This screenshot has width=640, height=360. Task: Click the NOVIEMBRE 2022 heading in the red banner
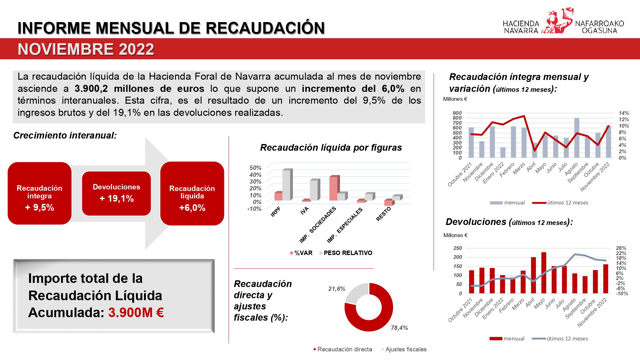coord(86,49)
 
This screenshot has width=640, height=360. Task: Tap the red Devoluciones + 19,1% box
coord(116,193)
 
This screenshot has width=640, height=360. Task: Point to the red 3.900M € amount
coord(136,313)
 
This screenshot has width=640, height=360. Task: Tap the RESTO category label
coord(384,214)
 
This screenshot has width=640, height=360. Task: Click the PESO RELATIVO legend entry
coord(348,253)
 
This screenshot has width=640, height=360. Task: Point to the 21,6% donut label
coord(337,289)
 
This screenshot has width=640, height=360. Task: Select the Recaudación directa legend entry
coord(344,349)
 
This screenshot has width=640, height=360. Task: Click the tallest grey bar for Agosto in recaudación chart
coord(577,138)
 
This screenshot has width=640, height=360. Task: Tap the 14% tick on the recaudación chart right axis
coord(624,113)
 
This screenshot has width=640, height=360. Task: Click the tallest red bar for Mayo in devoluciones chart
coord(544,272)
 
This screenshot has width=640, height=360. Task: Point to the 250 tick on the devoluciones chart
coord(458,248)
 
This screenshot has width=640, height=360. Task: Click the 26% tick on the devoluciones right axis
coord(621,248)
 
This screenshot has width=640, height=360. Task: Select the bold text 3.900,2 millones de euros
coord(139,88)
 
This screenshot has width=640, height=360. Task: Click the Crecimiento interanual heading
coord(65,135)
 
